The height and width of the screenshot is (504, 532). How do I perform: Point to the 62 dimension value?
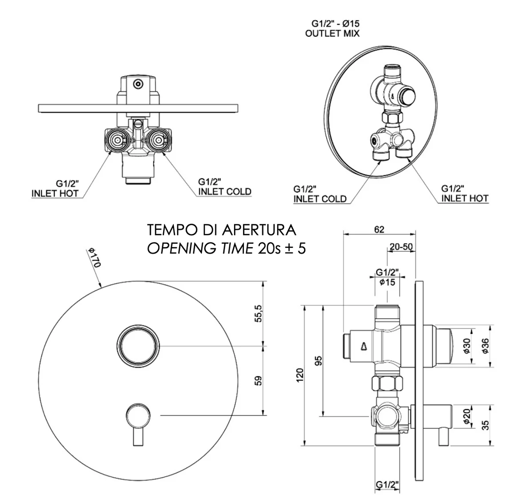pos(379,229)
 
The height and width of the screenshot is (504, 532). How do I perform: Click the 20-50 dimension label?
pos(401,246)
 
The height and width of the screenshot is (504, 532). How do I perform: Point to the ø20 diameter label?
pos(467,417)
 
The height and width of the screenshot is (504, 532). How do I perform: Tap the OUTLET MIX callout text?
pos(332,33)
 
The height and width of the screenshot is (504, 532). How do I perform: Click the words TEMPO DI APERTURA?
pos(222,231)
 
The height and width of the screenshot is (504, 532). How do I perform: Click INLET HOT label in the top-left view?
pos(55,193)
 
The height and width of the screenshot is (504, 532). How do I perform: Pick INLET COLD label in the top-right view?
pos(320,199)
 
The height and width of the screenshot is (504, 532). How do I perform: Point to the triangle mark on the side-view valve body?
pos(363,345)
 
